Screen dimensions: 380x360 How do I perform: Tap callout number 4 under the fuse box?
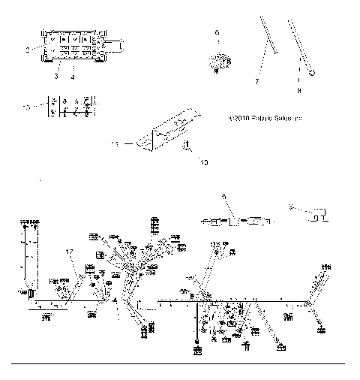click(x=73, y=77)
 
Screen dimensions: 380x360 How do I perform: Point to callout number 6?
click(x=218, y=33)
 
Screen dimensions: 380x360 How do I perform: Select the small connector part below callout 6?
click(x=218, y=62)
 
